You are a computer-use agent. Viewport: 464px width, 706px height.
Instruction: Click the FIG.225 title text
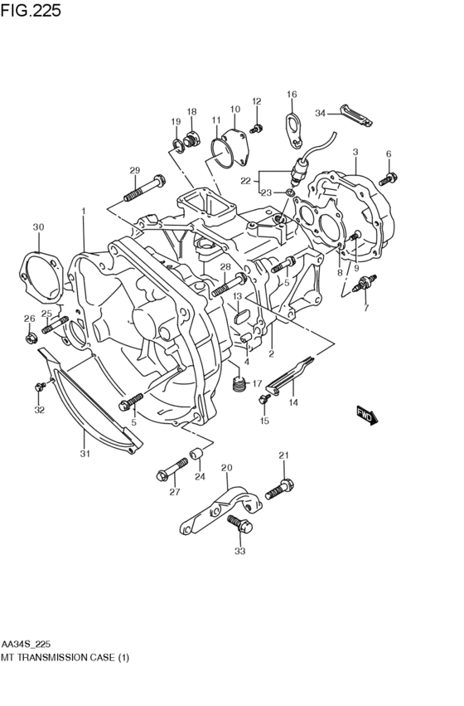31,10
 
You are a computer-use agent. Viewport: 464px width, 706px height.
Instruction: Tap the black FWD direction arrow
367,415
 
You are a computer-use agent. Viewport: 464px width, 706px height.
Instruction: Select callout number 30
38,227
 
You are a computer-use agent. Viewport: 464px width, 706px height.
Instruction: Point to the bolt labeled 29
144,188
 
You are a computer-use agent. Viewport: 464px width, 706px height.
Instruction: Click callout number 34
320,114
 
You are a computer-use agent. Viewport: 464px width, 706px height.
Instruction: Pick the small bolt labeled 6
388,179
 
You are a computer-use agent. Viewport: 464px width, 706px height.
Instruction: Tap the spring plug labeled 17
239,384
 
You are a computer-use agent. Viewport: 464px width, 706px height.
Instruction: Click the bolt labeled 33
240,525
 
